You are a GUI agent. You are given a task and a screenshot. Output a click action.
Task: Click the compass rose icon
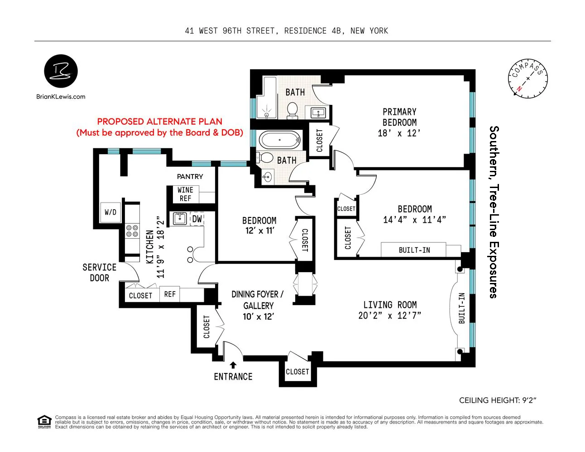527,79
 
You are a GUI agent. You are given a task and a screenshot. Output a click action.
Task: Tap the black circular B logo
61,71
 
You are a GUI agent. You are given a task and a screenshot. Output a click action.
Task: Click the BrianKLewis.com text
61,96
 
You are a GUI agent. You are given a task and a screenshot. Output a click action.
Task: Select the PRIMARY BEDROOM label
399,117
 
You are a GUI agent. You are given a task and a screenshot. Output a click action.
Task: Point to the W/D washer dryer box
110,212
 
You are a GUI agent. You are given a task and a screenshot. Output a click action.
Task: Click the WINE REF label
185,194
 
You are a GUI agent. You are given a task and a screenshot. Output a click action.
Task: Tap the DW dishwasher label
197,219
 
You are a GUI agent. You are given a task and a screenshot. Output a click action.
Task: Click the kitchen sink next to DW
180,219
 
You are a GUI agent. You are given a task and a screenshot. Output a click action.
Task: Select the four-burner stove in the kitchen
132,231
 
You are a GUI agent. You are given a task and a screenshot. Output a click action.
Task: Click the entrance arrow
233,365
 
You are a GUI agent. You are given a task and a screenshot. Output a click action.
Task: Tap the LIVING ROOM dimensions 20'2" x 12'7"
389,316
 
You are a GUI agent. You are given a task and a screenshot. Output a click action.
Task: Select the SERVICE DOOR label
99,273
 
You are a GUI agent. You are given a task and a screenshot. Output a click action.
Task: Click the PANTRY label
190,176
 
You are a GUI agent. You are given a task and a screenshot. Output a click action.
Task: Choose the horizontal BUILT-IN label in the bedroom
414,250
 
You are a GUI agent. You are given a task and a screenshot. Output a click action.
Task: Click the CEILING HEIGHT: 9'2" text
498,400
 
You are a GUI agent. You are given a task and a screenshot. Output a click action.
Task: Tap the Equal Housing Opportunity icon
44,422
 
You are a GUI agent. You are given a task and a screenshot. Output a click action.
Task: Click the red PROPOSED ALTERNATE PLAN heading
159,122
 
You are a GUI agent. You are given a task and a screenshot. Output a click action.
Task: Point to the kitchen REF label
170,294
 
